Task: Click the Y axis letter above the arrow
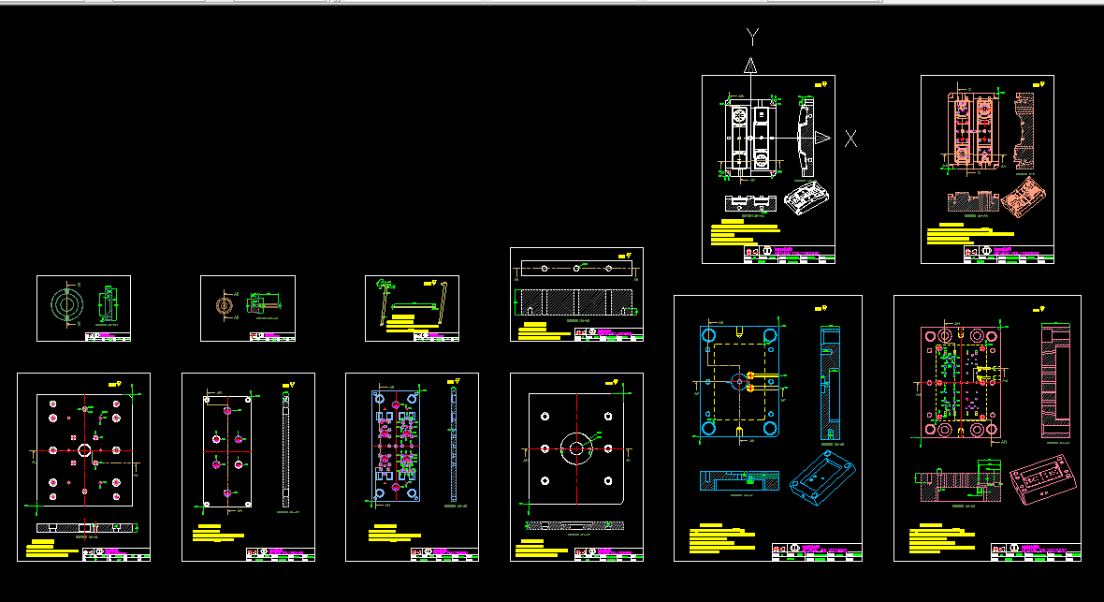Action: (753, 37)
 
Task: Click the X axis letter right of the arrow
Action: (850, 139)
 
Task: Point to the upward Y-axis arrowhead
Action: (749, 66)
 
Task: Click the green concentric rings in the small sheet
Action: (65, 305)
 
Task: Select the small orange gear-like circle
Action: (223, 305)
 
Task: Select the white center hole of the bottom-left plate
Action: (84, 450)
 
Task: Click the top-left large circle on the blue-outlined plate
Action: (709, 336)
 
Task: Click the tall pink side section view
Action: (1053, 379)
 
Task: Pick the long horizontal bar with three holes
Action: (576, 268)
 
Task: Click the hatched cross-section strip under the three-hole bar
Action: (577, 302)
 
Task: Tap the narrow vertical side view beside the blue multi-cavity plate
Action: (454, 445)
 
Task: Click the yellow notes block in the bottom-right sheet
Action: (941, 540)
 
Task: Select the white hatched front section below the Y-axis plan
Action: (750, 201)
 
